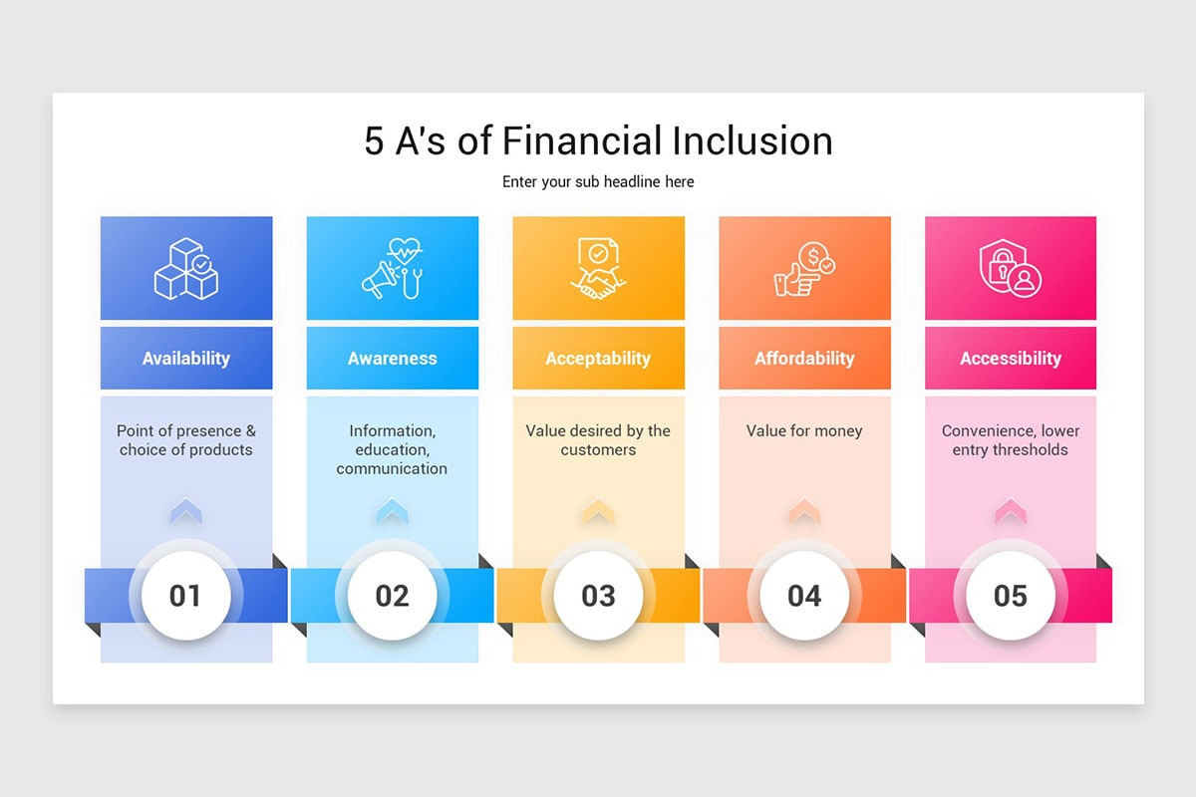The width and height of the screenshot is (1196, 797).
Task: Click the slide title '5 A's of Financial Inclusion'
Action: click(598, 141)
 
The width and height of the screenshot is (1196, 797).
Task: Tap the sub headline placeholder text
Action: click(598, 181)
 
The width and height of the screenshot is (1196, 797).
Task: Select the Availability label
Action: click(186, 359)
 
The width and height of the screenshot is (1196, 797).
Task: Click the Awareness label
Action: click(393, 359)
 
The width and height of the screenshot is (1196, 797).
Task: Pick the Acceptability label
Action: click(598, 359)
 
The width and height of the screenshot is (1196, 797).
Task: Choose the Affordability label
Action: click(804, 359)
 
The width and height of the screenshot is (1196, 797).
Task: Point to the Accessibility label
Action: click(1011, 359)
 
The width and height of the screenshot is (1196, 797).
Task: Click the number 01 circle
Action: click(185, 596)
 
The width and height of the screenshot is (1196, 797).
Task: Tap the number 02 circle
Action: click(393, 596)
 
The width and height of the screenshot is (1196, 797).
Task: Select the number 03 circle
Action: click(598, 596)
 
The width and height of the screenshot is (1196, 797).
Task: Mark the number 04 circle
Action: click(804, 596)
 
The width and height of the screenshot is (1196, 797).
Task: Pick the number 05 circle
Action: click(1011, 596)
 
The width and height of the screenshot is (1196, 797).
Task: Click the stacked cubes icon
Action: click(186, 268)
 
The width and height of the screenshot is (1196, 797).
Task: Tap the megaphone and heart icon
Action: click(393, 268)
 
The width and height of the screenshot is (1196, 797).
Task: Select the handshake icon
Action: click(598, 268)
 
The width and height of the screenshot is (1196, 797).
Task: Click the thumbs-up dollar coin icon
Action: click(804, 268)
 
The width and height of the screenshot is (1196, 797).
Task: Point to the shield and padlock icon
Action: click(1011, 268)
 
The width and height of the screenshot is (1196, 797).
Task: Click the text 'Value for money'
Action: click(804, 431)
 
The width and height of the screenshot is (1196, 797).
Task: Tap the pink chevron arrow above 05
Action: click(1011, 511)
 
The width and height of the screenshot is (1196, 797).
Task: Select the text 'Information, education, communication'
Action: click(393, 449)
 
